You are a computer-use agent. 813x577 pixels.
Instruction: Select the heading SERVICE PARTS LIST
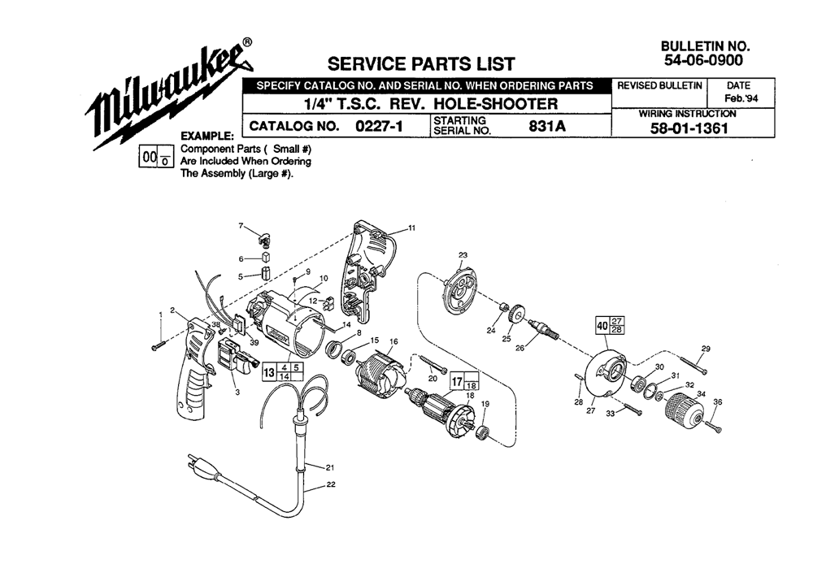[420, 63]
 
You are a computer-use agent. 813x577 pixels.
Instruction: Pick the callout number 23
[463, 255]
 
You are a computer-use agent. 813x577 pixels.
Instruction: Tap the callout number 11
[411, 228]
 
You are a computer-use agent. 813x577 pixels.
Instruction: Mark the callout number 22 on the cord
[331, 485]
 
